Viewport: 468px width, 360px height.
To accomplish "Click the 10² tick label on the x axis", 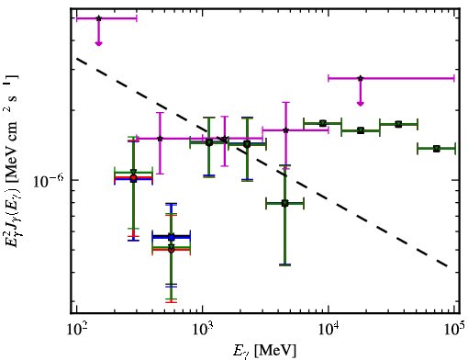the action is coord(78,330).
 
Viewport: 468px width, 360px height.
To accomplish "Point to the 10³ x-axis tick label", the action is coord(204,330).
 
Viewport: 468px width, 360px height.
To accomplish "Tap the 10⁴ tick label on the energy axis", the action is coord(329,330).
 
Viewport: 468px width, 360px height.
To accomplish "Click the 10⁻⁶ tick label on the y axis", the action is coord(49,181).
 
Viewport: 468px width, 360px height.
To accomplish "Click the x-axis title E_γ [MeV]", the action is coord(264,350).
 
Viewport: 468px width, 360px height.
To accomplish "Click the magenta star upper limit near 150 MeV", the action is coord(98,18).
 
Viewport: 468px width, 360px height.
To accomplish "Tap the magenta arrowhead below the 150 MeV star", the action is coord(98,43).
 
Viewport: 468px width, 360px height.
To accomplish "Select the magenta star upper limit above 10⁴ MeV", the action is coord(361,78).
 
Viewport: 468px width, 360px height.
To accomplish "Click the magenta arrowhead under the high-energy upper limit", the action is coord(361,104).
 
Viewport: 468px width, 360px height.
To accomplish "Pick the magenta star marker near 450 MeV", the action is coord(160,139).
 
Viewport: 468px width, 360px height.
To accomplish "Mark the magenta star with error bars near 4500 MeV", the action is coord(285,130).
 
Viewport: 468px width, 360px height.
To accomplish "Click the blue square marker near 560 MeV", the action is coord(172,237).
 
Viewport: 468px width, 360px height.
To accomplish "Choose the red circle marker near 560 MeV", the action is coord(172,250).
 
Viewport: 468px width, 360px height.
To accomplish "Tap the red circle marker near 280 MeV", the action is coord(133,177).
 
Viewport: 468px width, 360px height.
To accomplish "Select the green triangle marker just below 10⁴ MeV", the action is coord(322,123).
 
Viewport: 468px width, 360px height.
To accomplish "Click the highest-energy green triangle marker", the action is coord(437,149).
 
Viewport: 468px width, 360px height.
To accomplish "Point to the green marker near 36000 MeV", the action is coord(398,124).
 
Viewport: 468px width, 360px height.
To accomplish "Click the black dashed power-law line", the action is coord(262,163).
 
